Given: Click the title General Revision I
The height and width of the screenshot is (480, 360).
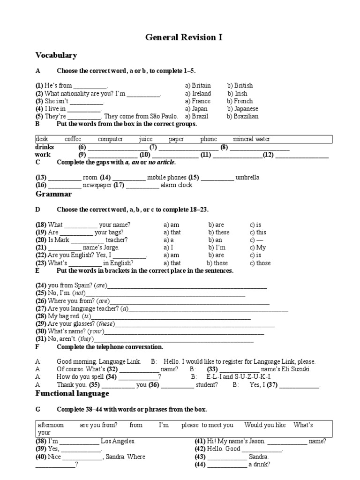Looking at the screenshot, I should click(x=184, y=37).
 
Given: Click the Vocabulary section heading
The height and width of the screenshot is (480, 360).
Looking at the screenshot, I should click(x=56, y=55).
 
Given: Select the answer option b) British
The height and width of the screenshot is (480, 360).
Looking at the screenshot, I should click(x=240, y=86).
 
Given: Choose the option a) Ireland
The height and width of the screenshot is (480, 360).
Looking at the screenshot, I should click(x=198, y=93).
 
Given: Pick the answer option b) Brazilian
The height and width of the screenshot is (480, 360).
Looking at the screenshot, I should click(x=242, y=116).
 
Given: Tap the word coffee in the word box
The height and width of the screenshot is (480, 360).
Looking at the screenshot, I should click(x=73, y=139).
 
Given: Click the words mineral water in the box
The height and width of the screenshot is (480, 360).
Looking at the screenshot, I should click(x=251, y=139).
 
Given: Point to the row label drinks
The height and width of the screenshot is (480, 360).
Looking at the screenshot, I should click(x=45, y=147).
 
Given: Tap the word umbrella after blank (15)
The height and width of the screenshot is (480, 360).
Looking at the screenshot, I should click(x=247, y=178).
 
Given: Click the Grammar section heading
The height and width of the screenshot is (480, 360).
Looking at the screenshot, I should click(x=53, y=194).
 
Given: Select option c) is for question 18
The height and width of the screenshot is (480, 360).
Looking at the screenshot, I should click(x=255, y=225).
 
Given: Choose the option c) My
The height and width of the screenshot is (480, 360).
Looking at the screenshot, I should click(x=258, y=247).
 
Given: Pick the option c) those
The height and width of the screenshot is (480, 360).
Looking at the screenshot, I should click(x=260, y=263).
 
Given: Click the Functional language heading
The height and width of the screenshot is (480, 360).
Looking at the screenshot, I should click(x=72, y=393).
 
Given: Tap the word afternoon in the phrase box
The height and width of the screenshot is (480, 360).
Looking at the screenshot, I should click(x=51, y=425).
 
